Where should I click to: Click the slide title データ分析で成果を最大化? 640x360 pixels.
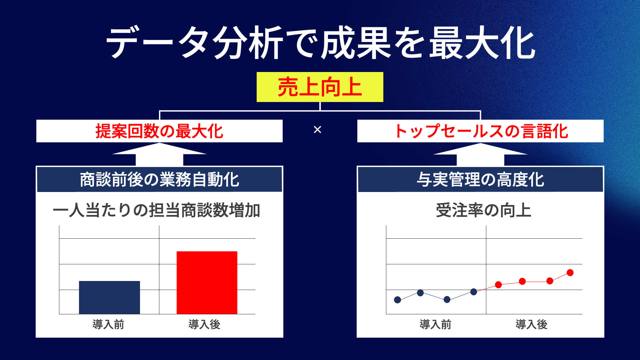tap(320, 43)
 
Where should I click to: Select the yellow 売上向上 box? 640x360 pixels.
tap(320, 87)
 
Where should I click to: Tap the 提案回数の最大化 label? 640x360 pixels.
tap(159, 131)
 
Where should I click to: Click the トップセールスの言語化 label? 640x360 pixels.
tap(481, 131)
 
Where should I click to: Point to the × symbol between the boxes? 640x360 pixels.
tap(317, 130)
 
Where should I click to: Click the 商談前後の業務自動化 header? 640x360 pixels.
tap(159, 180)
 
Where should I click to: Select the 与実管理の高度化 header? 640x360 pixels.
tap(480, 180)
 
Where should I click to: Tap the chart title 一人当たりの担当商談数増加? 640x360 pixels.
tap(156, 210)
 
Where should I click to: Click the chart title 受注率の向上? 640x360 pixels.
tap(483, 210)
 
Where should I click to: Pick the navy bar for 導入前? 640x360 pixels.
tap(109, 297)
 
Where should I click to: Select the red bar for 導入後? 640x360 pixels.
tap(207, 283)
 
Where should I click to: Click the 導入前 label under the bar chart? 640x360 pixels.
tap(108, 324)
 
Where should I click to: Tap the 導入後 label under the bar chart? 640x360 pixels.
tap(204, 324)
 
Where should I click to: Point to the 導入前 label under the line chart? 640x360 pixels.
tap(435, 324)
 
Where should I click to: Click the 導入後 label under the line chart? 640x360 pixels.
tap(531, 324)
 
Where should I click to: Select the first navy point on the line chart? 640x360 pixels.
tap(397, 300)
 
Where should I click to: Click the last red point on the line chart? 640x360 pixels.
tap(570, 273)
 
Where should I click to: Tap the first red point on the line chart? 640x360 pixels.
tap(498, 285)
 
